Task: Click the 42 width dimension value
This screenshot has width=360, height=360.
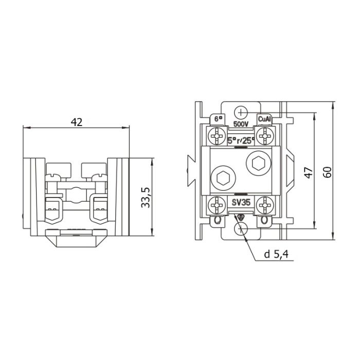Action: tap(77, 122)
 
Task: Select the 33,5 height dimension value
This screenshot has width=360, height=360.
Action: tap(146, 197)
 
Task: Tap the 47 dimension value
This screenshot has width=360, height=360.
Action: tap(309, 173)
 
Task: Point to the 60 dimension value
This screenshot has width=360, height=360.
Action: tap(328, 172)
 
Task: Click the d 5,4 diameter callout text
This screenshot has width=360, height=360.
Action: tap(276, 254)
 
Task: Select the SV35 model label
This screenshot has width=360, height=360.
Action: tap(241, 203)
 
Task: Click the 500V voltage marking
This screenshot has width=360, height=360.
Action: tap(241, 124)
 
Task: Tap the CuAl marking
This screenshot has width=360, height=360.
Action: tap(264, 119)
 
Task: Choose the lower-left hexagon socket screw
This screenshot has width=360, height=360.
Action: tap(223, 178)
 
